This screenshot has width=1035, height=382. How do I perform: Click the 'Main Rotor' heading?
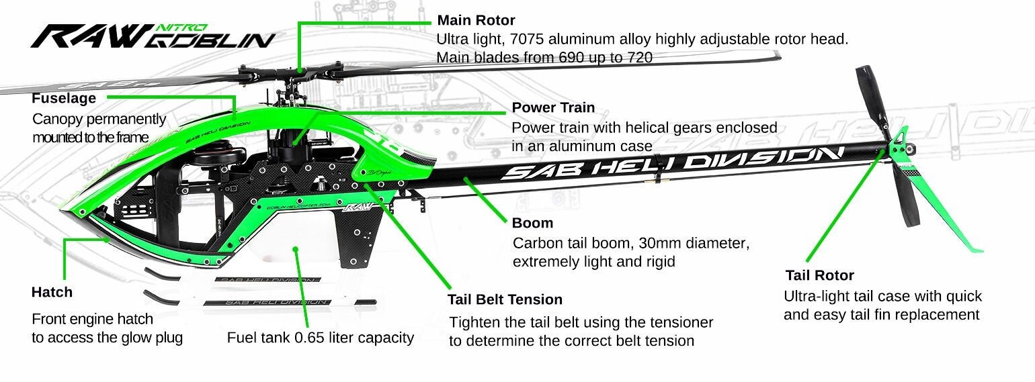click(476, 20)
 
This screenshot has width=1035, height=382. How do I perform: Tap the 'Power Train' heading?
click(553, 107)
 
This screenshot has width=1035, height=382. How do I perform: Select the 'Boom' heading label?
click(532, 223)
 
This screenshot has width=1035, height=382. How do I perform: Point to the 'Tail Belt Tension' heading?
click(505, 299)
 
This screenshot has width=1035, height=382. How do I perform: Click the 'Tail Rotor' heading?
click(820, 275)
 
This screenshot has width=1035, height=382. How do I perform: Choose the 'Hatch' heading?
click(52, 292)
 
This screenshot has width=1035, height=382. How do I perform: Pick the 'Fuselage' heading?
click(64, 98)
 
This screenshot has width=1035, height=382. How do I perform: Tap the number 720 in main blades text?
click(640, 58)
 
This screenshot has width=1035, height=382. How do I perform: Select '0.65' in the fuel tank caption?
click(309, 338)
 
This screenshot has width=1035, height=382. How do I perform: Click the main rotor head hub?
click(292, 74)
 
